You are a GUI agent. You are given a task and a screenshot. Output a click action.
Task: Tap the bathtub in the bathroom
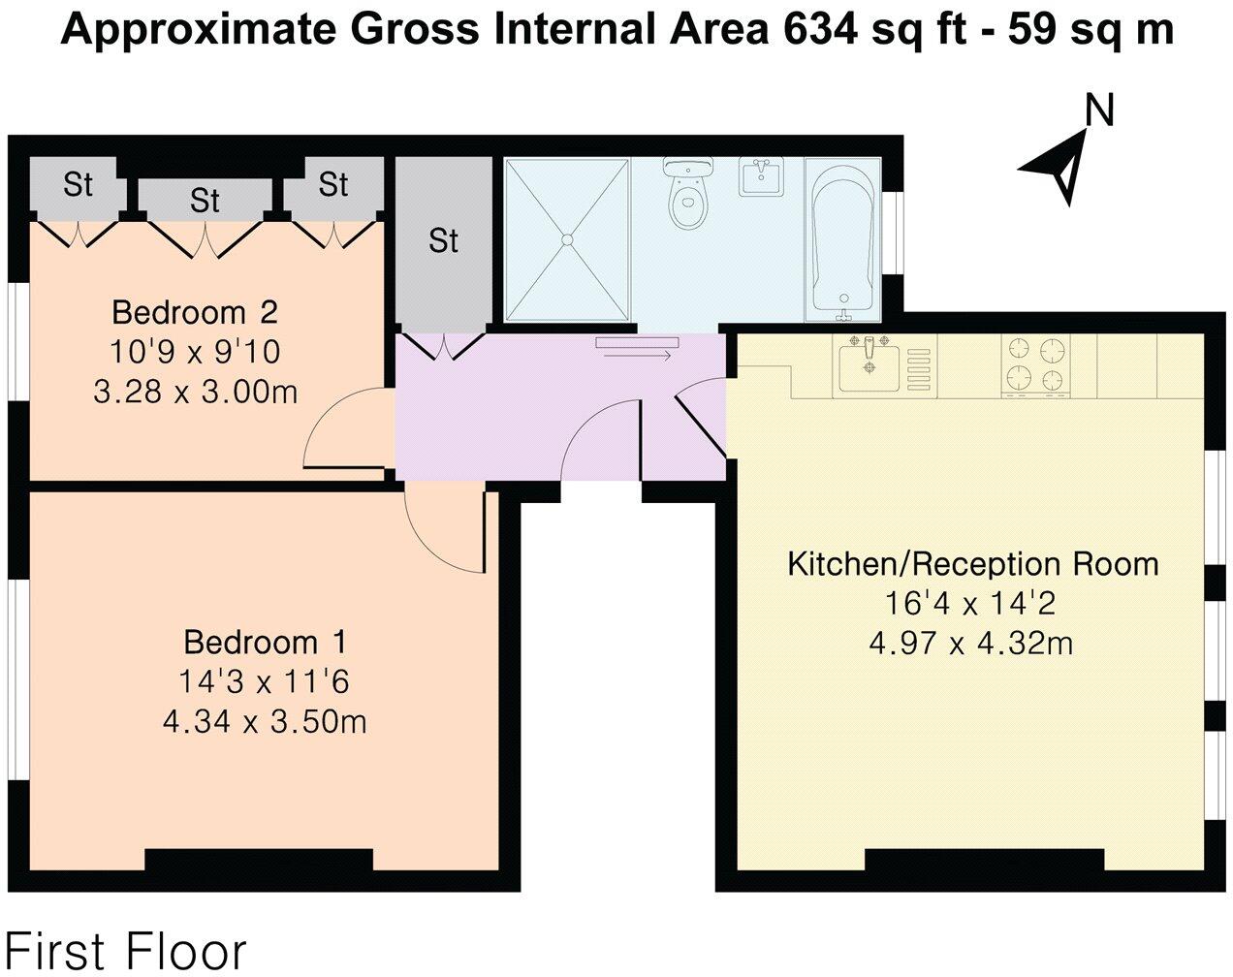pyautogui.click(x=842, y=240)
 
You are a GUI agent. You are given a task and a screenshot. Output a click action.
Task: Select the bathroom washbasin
pyautogui.click(x=761, y=176)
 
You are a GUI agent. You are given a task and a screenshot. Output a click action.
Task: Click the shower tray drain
pyautogui.click(x=567, y=239)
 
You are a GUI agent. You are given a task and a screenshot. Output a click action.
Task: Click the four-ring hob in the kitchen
pyautogui.click(x=1036, y=365)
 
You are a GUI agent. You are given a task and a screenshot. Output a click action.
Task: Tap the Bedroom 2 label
pyautogui.click(x=195, y=313)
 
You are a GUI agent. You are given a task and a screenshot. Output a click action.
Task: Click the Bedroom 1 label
pyautogui.click(x=266, y=642)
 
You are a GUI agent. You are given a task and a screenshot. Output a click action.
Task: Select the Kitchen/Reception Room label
pyautogui.click(x=973, y=564)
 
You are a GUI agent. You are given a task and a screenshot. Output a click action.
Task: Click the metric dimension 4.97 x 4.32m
pyautogui.click(x=971, y=643)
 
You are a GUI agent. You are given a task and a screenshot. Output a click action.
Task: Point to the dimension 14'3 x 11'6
pyautogui.click(x=264, y=681)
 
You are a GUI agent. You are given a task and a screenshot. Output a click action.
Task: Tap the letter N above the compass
pyautogui.click(x=1100, y=110)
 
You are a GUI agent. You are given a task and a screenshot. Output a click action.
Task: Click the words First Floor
pyautogui.click(x=125, y=952)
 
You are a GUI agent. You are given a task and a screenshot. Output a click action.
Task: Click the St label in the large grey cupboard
pyautogui.click(x=443, y=241)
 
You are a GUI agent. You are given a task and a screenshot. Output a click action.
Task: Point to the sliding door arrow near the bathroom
pyautogui.click(x=638, y=357)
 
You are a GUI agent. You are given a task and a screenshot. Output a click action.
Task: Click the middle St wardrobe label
pyautogui.click(x=205, y=201)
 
